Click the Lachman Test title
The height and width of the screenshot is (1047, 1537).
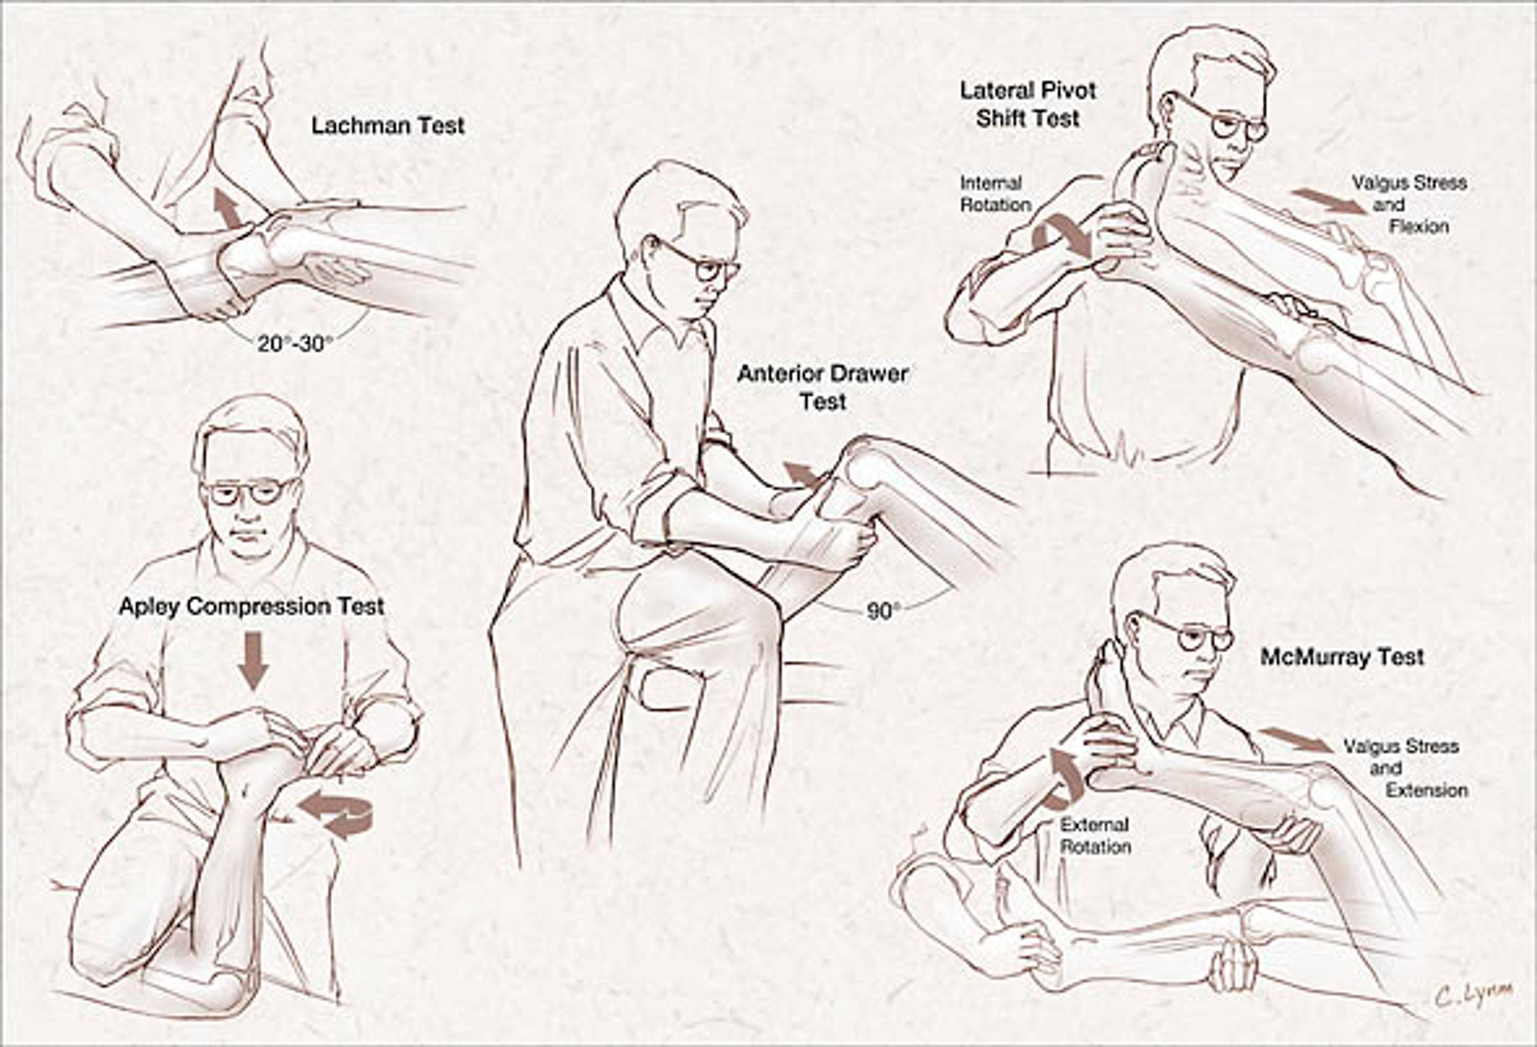388,126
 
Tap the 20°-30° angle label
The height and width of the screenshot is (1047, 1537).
294,344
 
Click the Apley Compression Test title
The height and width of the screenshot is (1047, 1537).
251,606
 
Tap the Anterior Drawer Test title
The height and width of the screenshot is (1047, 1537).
823,387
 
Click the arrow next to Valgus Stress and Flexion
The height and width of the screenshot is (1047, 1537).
1328,201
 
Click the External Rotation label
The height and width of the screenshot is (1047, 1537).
1095,835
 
